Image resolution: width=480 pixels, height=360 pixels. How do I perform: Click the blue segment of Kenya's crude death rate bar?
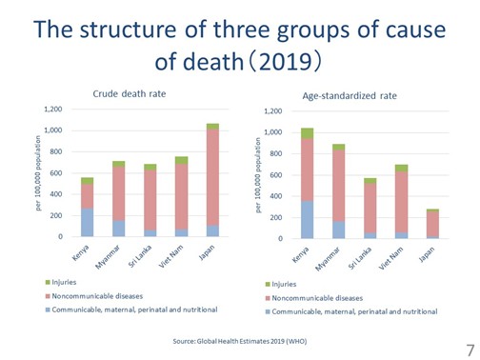(x=88, y=222)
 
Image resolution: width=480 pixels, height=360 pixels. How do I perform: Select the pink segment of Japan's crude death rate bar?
(x=212, y=177)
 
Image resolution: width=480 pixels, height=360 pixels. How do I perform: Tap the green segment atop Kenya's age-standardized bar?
(x=307, y=133)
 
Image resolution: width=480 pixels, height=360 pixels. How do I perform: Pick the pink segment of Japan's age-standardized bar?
(x=432, y=224)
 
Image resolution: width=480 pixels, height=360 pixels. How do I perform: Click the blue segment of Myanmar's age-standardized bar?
(x=339, y=230)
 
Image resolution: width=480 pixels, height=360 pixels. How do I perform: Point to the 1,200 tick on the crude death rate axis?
(x=52, y=110)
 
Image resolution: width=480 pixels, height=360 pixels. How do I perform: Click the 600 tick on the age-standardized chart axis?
(x=276, y=175)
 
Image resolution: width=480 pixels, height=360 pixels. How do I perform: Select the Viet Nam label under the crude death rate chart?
(x=171, y=256)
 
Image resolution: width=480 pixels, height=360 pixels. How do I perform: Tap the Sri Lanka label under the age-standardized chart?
(x=360, y=258)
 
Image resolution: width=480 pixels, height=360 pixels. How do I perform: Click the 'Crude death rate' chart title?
(x=130, y=94)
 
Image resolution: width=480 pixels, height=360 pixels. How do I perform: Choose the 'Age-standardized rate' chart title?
(x=350, y=96)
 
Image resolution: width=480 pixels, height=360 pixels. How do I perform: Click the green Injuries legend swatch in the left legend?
(x=48, y=282)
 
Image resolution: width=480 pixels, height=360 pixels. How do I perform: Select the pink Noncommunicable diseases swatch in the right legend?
(x=268, y=298)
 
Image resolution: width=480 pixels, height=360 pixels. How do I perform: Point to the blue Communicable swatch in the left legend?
(x=48, y=310)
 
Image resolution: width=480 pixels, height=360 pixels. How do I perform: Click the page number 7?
(x=470, y=350)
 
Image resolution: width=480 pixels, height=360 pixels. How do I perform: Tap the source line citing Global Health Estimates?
(x=240, y=341)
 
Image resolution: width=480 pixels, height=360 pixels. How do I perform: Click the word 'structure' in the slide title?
(x=128, y=30)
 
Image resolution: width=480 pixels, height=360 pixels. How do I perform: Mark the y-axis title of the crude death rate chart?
(x=38, y=173)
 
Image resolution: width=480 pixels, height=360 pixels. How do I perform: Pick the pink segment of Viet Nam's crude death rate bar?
(x=181, y=196)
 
